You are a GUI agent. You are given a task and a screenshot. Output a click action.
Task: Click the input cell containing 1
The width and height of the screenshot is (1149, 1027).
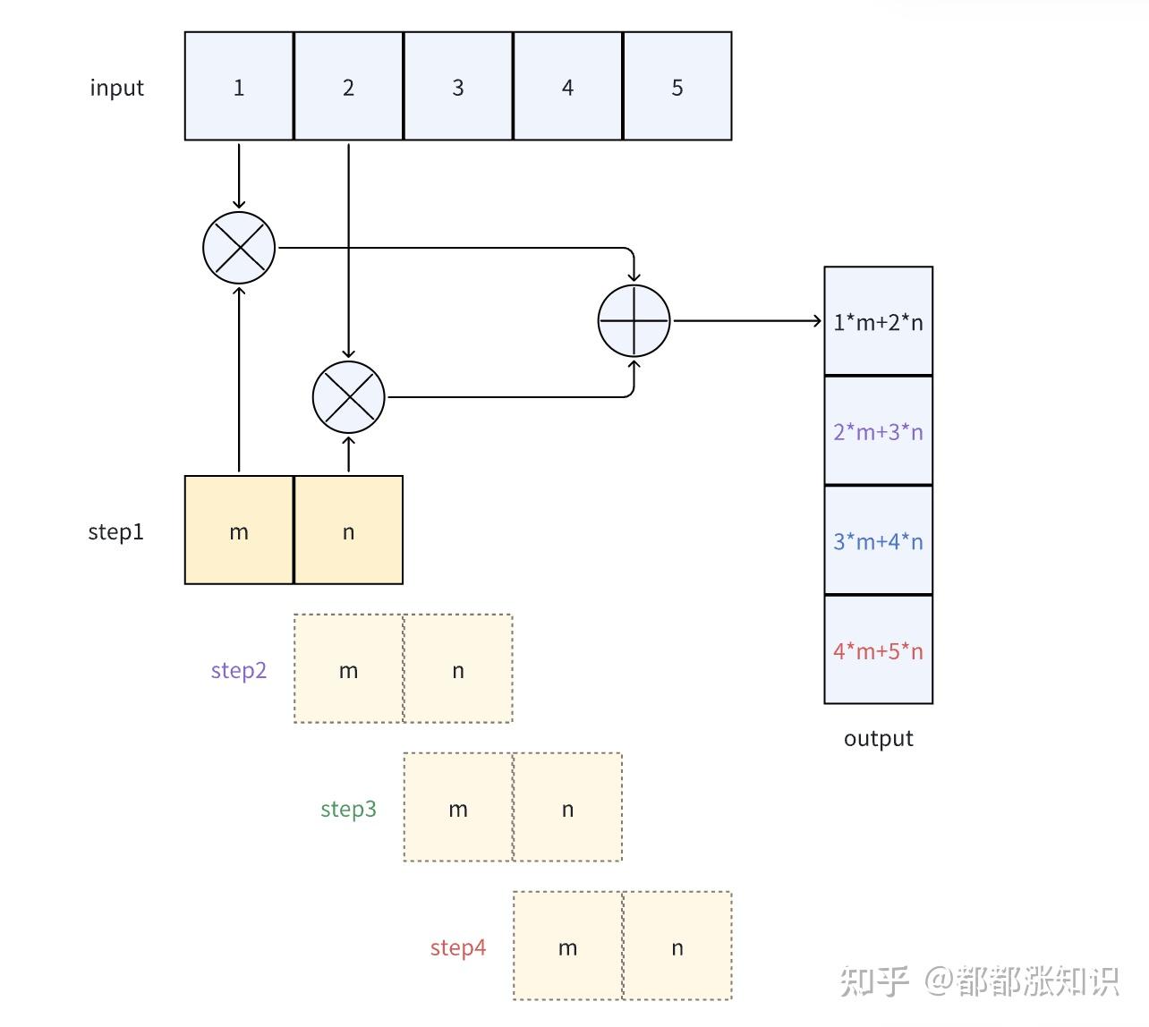tap(239, 87)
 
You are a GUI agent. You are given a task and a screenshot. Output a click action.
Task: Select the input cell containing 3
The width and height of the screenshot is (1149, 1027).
tap(458, 87)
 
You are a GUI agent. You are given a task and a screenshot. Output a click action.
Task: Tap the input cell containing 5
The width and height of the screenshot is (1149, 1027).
tap(677, 87)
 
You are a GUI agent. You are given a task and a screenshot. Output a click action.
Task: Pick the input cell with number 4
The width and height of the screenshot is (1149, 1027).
tap(567, 87)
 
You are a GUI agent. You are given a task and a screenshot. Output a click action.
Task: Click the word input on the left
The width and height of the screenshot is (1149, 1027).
tap(116, 88)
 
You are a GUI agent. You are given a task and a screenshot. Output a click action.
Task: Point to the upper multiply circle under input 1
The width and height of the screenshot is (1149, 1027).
tap(239, 248)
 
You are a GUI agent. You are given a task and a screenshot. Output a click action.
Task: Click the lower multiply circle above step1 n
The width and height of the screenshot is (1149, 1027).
tap(348, 397)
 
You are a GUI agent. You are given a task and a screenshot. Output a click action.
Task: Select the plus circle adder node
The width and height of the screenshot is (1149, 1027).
tap(634, 320)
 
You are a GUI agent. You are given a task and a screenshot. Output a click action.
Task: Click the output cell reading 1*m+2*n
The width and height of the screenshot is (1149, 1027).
tap(878, 321)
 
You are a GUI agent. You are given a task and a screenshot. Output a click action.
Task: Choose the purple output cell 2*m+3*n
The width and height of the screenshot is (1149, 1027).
tap(878, 431)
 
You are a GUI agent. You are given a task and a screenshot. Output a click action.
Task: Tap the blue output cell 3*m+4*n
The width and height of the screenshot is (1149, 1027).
tap(878, 540)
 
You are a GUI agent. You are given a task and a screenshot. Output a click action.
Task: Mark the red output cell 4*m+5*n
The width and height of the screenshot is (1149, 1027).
tap(878, 650)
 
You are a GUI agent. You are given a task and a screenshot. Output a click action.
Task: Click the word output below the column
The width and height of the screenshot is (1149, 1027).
tap(878, 739)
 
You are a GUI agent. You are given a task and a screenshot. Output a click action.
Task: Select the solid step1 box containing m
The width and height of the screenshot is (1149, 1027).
tap(239, 530)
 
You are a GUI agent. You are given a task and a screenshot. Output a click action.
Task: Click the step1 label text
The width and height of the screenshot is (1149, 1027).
tap(116, 531)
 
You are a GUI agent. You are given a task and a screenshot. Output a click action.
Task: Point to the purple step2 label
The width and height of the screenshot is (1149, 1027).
tap(239, 670)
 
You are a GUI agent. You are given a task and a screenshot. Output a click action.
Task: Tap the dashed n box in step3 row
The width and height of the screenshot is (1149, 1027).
tap(567, 808)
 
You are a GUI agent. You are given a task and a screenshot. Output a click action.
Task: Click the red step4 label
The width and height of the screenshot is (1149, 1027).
tap(458, 947)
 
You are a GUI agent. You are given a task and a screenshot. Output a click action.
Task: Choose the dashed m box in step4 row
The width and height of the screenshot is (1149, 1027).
tap(567, 946)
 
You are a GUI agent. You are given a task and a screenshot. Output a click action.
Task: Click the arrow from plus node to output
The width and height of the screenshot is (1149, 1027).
tap(747, 320)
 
